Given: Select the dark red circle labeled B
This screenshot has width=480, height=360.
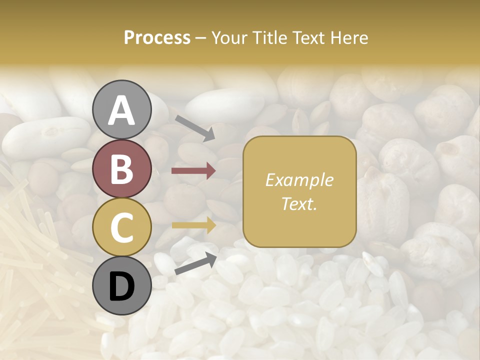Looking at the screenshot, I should pos(121,168).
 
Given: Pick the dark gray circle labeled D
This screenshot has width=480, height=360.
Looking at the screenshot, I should pos(121,285).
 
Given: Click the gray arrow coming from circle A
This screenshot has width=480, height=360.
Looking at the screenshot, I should pos(195,128).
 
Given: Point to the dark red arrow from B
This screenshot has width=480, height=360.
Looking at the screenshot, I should pos(193,171).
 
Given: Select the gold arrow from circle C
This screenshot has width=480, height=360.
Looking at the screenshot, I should pos(193,225).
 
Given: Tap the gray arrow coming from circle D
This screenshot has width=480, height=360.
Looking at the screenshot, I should pos(195,263).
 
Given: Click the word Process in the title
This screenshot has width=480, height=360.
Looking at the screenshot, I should pos(157,37).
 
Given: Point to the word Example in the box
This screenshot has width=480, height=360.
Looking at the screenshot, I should pos(299,180).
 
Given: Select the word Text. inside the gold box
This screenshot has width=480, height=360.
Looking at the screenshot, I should pos(299,203).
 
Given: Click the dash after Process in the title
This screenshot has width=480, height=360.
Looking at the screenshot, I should pos(200,38).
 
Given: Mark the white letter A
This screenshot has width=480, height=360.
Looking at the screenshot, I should pos(121,110).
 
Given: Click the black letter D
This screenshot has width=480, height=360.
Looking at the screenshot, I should pos(121,286).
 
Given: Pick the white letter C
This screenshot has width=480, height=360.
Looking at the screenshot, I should pos(121,227).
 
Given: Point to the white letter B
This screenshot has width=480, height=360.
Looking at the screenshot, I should pos(121,169).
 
